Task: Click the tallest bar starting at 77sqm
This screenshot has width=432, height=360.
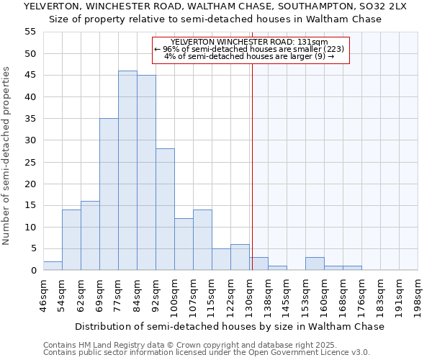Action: point(127,171)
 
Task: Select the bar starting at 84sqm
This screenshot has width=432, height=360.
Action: point(146,173)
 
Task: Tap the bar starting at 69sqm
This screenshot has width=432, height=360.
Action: point(109,194)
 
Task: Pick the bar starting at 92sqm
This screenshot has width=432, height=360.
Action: point(165,210)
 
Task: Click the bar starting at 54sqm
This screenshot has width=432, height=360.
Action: point(71,240)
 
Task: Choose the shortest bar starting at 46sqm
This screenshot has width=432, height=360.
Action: point(53,266)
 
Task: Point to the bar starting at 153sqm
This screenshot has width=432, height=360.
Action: point(315,264)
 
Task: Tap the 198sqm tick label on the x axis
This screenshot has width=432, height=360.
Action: point(418,294)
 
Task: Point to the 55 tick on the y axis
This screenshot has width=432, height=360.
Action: point(30,32)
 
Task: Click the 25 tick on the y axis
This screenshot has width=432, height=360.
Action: point(30,162)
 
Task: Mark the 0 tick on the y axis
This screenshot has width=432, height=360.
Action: point(32,271)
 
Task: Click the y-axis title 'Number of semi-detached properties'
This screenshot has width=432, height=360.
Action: point(7,156)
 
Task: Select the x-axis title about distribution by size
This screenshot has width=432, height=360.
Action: point(230,326)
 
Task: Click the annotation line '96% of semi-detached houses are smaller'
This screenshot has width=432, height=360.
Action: point(249,49)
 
